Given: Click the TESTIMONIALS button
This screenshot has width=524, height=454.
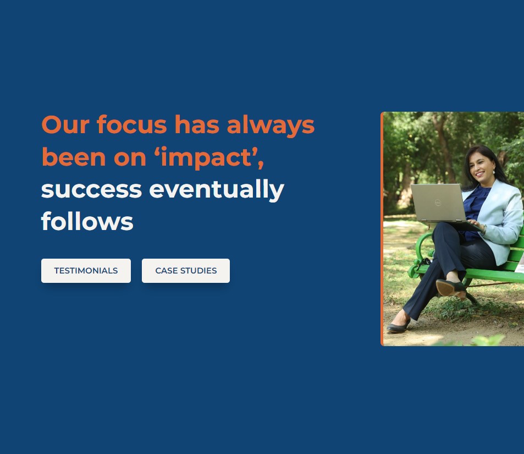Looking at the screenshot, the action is [86, 271].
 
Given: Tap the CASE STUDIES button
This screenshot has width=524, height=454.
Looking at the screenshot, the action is [186, 271].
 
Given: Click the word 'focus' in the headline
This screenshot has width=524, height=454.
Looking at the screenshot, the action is [131, 124].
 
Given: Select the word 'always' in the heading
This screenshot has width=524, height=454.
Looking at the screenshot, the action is [271, 125].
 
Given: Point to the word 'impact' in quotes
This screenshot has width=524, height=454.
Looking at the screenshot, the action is [207, 157].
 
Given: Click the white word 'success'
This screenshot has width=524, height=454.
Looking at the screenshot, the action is [92, 190].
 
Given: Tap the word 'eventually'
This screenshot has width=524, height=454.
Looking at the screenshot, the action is [217, 190].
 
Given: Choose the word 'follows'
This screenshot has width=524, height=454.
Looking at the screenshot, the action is [87, 221].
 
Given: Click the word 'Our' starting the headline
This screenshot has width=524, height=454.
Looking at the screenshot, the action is [65, 125].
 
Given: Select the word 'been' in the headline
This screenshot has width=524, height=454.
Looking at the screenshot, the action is [74, 157].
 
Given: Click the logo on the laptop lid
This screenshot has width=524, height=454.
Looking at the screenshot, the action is [438, 203].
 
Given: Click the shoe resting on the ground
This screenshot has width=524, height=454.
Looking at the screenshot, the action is [398, 326].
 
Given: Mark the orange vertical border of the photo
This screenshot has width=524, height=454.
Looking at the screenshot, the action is [382, 229].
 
